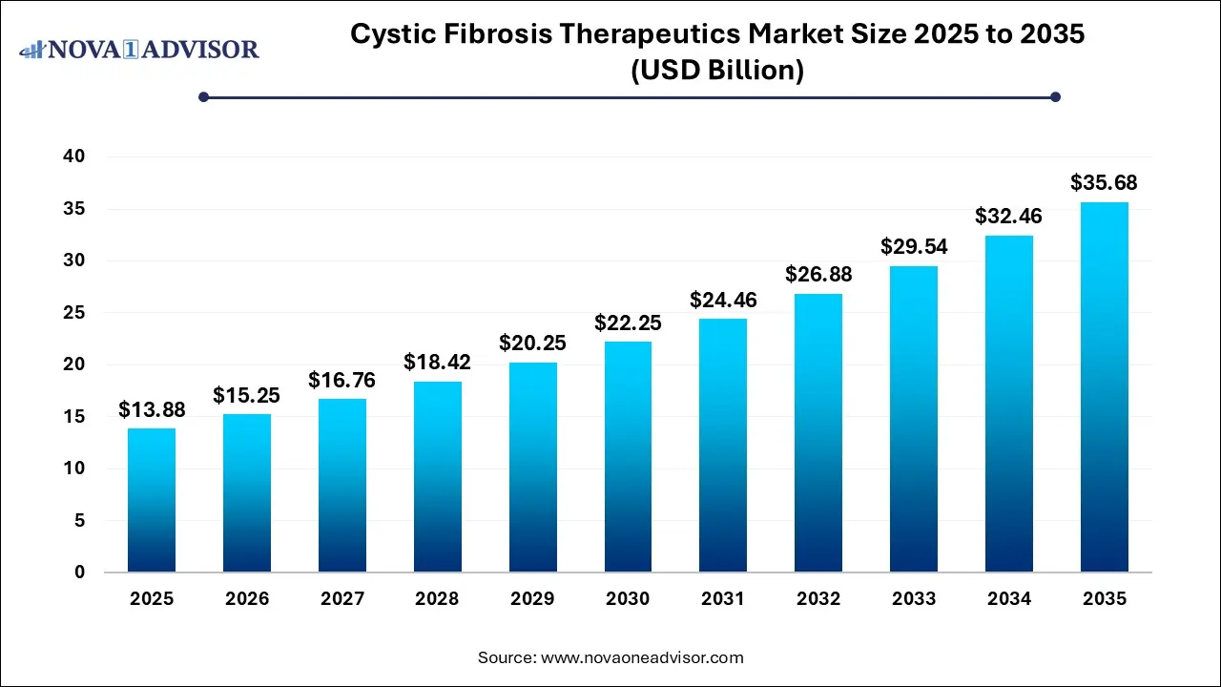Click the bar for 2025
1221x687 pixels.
pos(152,500)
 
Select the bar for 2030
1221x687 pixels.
pos(628,457)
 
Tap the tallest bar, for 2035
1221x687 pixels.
pos(1104,387)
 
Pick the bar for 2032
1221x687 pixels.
pos(818,433)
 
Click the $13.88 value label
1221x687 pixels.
pos(152,410)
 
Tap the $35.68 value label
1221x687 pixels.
pos(1104,183)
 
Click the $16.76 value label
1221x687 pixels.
pos(342,381)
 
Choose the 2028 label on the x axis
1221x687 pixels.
pos(438,599)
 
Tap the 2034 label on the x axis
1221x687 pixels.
pos(1009,599)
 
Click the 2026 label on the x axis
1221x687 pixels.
pos(247,599)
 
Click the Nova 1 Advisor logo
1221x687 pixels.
pos(139,49)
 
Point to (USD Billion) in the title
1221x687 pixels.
pos(717,71)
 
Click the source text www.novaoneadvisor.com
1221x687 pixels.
pos(642,657)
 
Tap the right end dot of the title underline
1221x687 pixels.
pos(1055,96)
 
